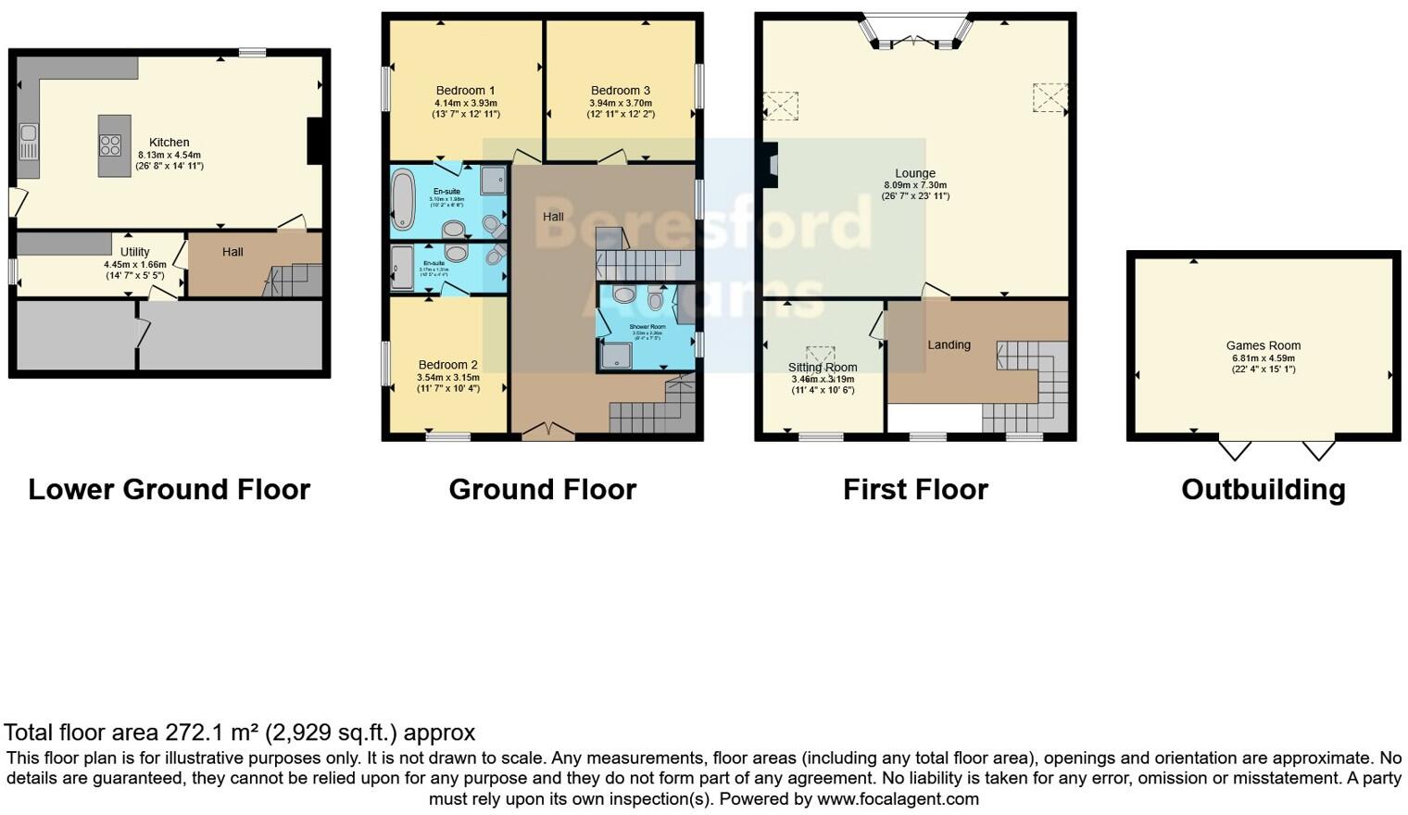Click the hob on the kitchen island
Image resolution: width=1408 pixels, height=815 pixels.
point(110,145)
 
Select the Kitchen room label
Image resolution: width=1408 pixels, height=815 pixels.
point(170,143)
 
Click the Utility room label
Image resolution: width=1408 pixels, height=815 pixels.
point(135,252)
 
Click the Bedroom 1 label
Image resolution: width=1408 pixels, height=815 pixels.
point(465,91)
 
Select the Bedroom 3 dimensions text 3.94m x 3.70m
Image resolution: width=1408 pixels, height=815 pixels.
point(621,103)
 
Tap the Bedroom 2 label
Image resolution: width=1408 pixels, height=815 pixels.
point(447,365)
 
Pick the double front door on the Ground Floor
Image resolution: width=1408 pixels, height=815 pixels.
point(547,430)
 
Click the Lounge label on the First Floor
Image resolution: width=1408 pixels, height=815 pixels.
point(915,173)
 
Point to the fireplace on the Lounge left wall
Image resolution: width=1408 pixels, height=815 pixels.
point(769,165)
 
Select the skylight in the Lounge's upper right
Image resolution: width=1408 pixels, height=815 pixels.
point(1050,97)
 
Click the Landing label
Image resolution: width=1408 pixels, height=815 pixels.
point(949,345)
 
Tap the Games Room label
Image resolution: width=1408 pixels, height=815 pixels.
point(1263,345)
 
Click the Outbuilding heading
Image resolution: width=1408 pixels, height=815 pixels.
point(1263,489)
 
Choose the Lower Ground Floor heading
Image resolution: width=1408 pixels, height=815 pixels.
point(169,489)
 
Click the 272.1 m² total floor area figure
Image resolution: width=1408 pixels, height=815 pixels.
point(212,733)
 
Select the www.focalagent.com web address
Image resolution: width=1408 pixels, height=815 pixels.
point(898,798)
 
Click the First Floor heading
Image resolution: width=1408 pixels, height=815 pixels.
point(915,489)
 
